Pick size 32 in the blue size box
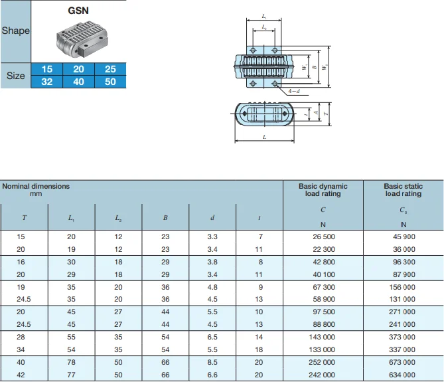tap(47, 82)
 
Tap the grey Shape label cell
tap(15, 31)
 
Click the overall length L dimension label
tap(264, 137)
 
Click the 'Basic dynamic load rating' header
tap(323, 190)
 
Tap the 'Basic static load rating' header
tap(403, 190)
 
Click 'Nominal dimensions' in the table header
tap(36, 187)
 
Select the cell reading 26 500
tap(323, 237)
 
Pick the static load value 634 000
tap(403, 375)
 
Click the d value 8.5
tap(212, 362)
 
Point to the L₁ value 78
tap(72, 362)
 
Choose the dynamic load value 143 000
tap(323, 337)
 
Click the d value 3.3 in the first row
tap(212, 237)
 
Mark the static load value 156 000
tap(403, 287)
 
